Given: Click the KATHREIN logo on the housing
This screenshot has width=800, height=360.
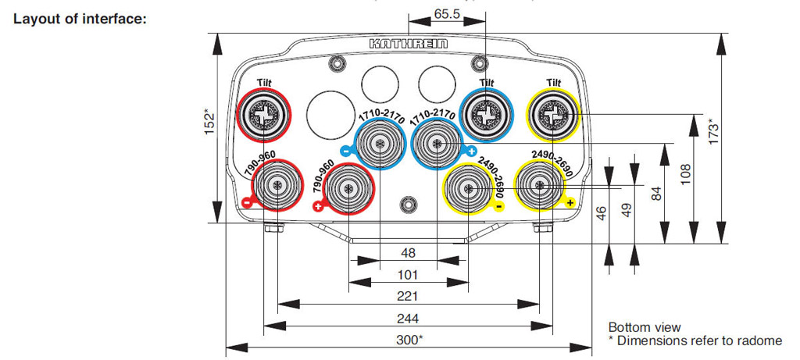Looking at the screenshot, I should (409, 45).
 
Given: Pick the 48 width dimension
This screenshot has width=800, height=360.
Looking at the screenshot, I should (408, 253).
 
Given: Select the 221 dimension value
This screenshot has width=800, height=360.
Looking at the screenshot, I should (407, 296).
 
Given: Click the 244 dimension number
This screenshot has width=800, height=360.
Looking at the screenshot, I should (407, 318).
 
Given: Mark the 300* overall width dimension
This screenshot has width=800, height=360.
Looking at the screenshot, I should (409, 340).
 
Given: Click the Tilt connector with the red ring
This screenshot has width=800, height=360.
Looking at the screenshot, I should (262, 116).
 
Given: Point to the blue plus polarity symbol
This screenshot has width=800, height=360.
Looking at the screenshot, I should (471, 151).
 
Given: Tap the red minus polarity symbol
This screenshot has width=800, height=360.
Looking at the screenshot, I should (246, 202).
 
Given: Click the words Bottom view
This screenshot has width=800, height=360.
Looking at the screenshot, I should (645, 327).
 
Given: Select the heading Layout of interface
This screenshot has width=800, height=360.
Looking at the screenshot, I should (80, 18).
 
